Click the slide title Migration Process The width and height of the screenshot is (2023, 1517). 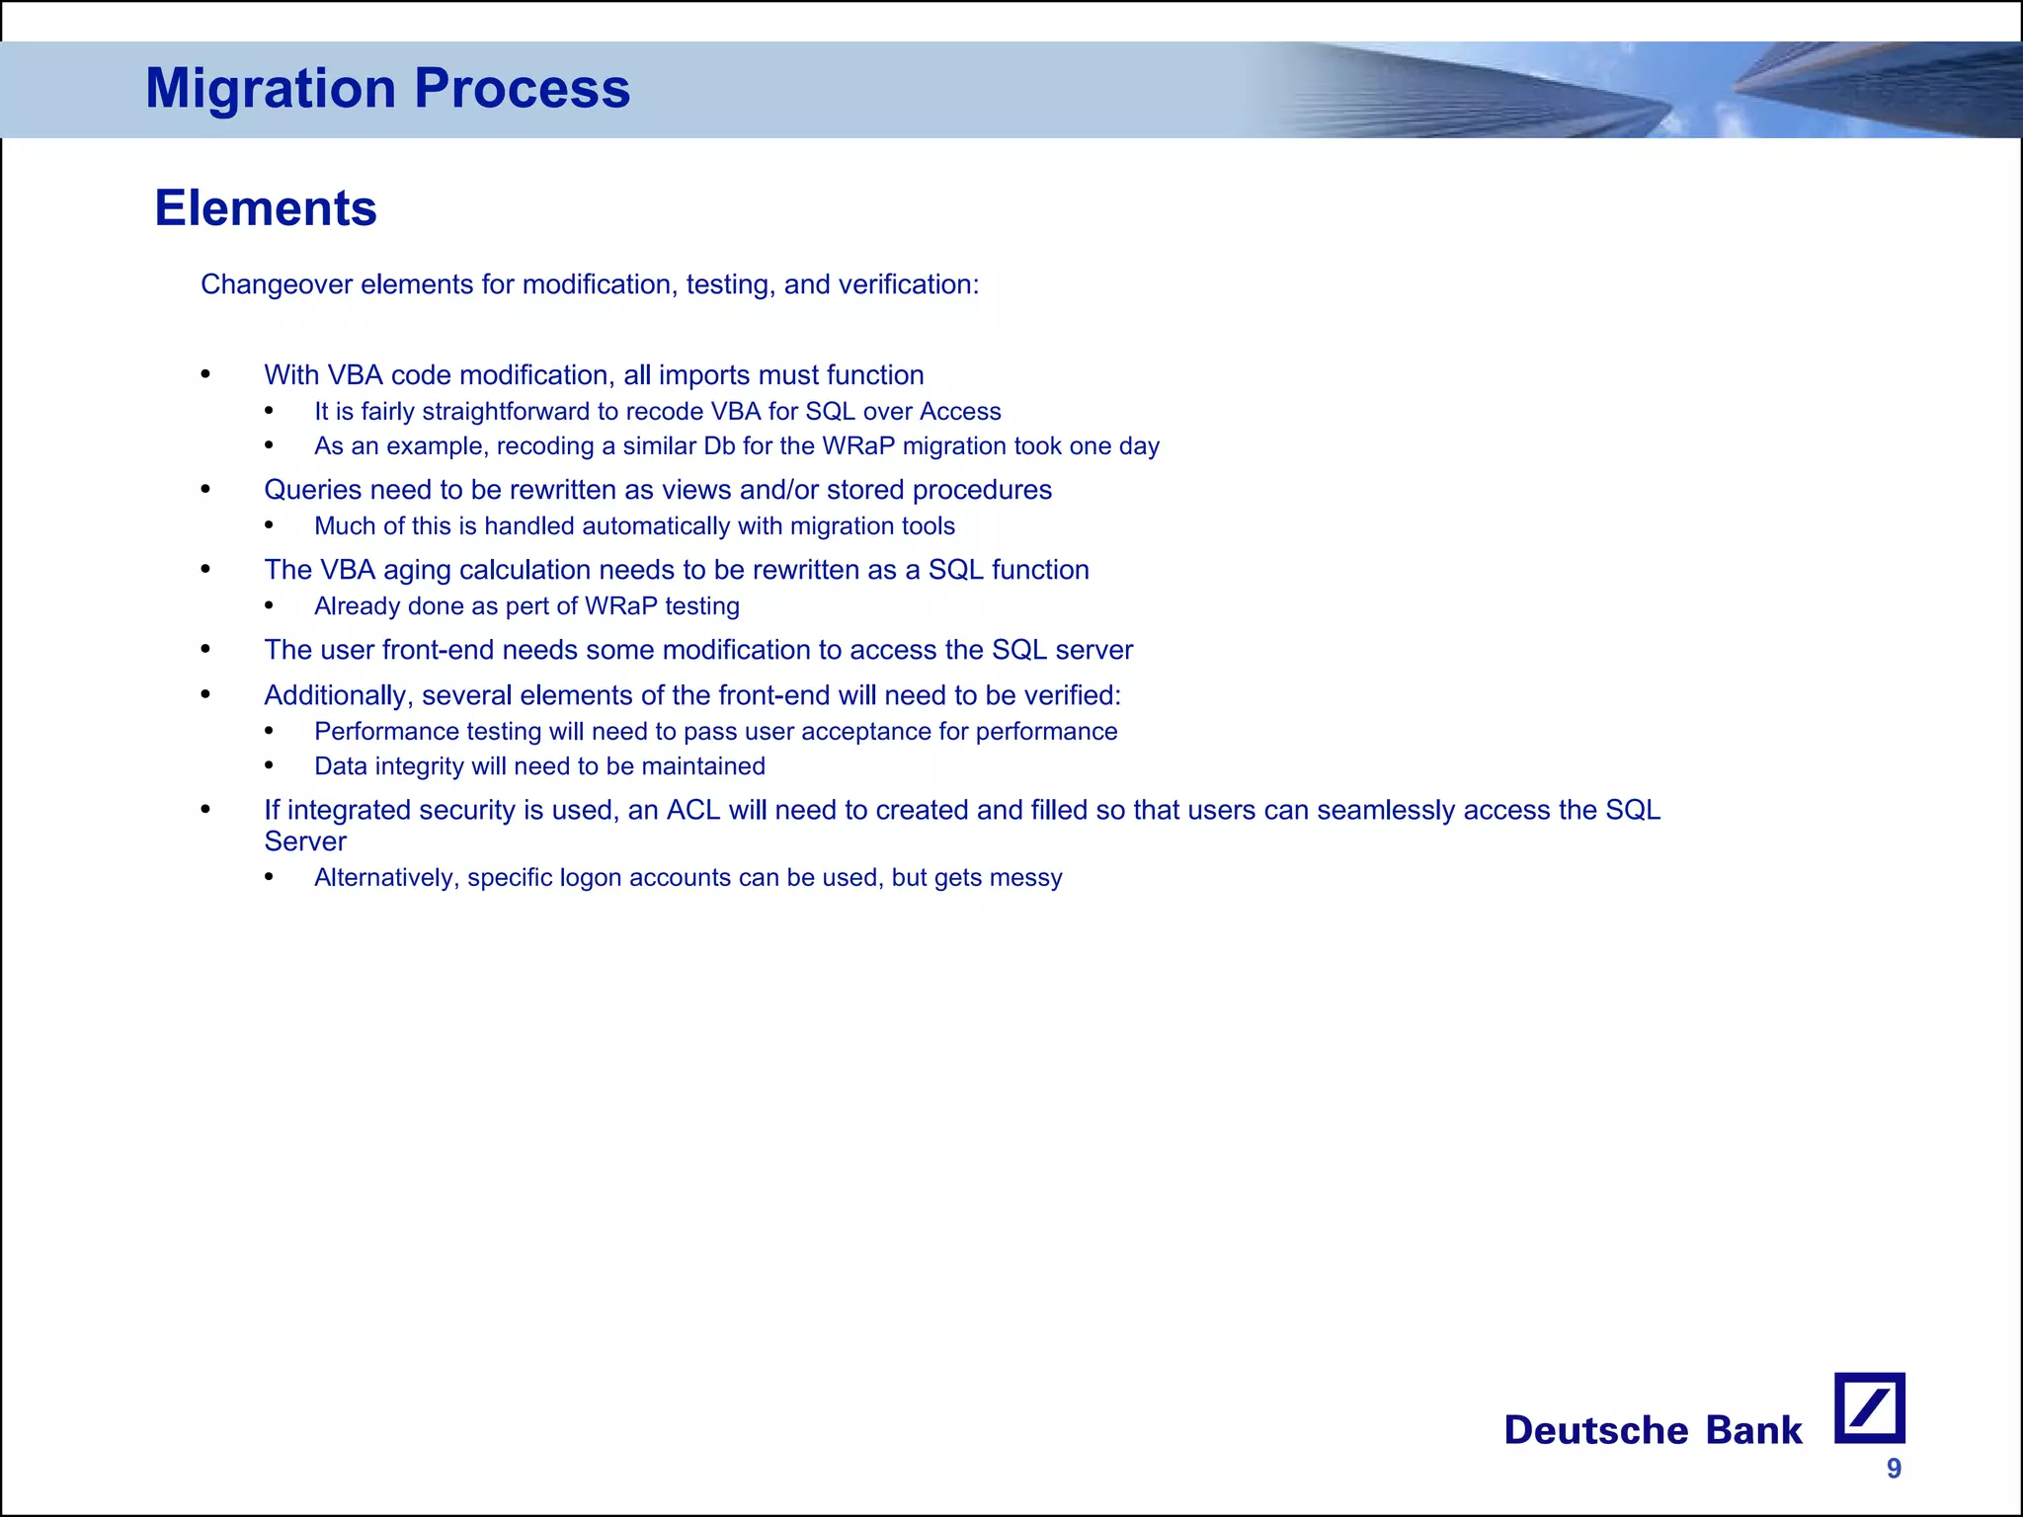387,88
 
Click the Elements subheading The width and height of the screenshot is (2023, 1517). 266,208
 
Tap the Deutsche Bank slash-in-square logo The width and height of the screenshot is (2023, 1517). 1869,1407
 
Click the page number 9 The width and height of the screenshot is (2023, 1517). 1894,1469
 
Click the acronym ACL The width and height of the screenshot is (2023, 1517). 693,810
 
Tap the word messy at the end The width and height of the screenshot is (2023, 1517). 1030,878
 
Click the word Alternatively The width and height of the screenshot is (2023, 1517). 386,878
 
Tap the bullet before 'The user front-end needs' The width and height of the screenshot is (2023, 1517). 205,650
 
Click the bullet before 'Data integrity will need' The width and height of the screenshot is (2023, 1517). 270,766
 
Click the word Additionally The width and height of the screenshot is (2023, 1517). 336,695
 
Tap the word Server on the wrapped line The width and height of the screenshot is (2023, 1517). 305,841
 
